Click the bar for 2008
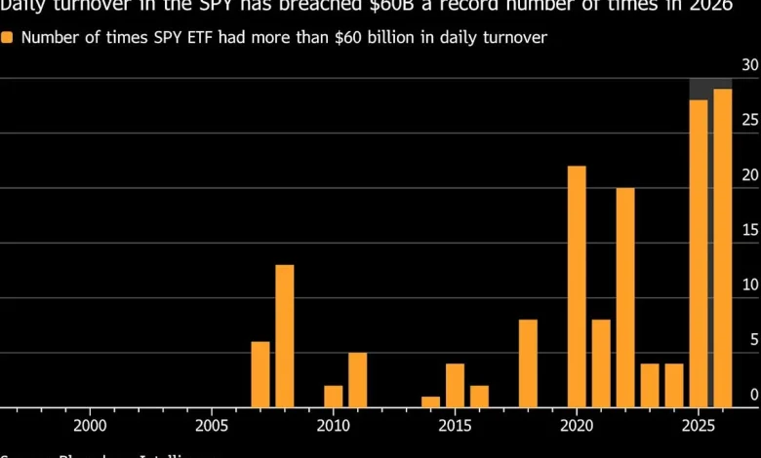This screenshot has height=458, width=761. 284,336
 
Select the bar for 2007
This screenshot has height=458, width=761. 260,374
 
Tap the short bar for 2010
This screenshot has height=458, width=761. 334,397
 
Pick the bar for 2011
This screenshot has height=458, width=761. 357,380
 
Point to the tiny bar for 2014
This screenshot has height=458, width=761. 430,401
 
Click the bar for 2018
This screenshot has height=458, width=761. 528,363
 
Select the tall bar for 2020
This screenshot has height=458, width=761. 577,286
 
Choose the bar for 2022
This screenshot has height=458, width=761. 625,297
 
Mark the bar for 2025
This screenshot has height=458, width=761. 699,253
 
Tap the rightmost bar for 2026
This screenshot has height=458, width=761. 723,248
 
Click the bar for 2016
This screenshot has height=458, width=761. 479,397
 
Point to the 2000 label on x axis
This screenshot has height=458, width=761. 90,426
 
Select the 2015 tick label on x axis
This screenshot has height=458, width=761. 455,426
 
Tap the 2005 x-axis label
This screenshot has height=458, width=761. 212,426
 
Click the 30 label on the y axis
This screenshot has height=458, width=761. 749,65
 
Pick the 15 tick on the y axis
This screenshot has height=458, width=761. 749,230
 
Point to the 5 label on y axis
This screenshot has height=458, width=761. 753,340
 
